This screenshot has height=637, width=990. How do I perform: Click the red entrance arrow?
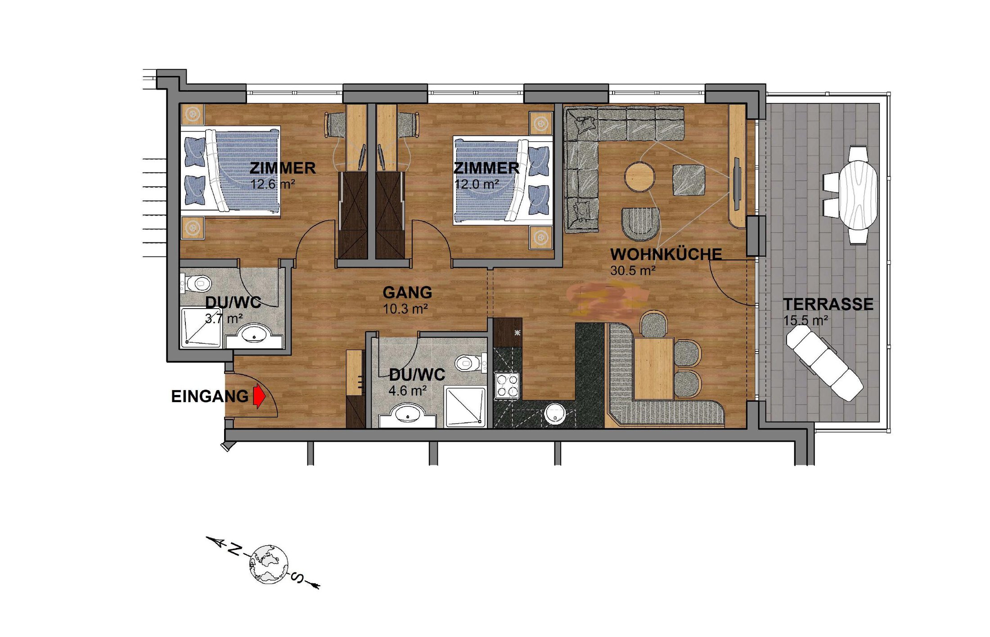click(259, 396)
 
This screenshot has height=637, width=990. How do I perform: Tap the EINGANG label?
click(210, 397)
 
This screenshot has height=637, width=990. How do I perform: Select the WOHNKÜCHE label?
click(666, 255)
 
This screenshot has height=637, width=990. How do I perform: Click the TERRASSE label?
click(828, 305)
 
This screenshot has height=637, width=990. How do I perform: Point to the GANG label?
click(407, 293)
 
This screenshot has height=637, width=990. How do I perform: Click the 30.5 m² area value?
click(633, 271)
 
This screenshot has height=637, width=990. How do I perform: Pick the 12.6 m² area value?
click(273, 184)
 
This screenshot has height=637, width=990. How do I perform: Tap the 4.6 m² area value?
click(408, 390)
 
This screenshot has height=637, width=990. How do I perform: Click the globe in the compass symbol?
click(269, 564)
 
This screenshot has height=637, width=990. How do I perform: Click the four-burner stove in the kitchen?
click(507, 386)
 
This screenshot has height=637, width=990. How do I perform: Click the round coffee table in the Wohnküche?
click(639, 177)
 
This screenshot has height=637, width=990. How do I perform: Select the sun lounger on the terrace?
click(824, 363)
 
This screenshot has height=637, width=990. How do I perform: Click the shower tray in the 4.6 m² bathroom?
click(465, 407)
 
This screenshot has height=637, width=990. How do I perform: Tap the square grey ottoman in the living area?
click(688, 180)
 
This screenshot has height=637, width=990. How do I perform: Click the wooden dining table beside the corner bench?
click(653, 368)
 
